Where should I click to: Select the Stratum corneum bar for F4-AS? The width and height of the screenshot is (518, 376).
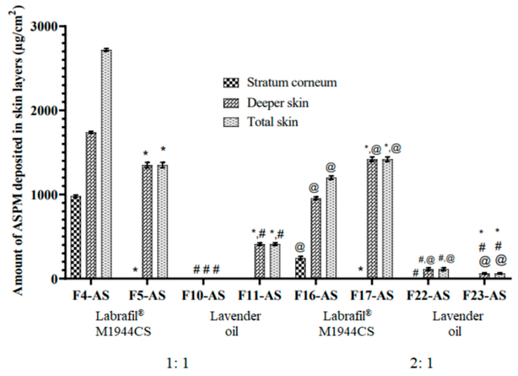[76, 237]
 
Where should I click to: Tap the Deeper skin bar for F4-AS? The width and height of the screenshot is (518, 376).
[91, 205]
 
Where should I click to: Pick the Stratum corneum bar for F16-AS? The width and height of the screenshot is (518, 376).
[300, 268]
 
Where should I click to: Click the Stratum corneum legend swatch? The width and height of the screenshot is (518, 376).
[228, 82]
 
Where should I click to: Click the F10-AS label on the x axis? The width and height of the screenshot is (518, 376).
[203, 296]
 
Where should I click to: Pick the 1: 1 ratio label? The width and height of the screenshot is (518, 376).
[174, 363]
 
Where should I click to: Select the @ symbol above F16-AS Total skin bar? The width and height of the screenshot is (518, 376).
[331, 167]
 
